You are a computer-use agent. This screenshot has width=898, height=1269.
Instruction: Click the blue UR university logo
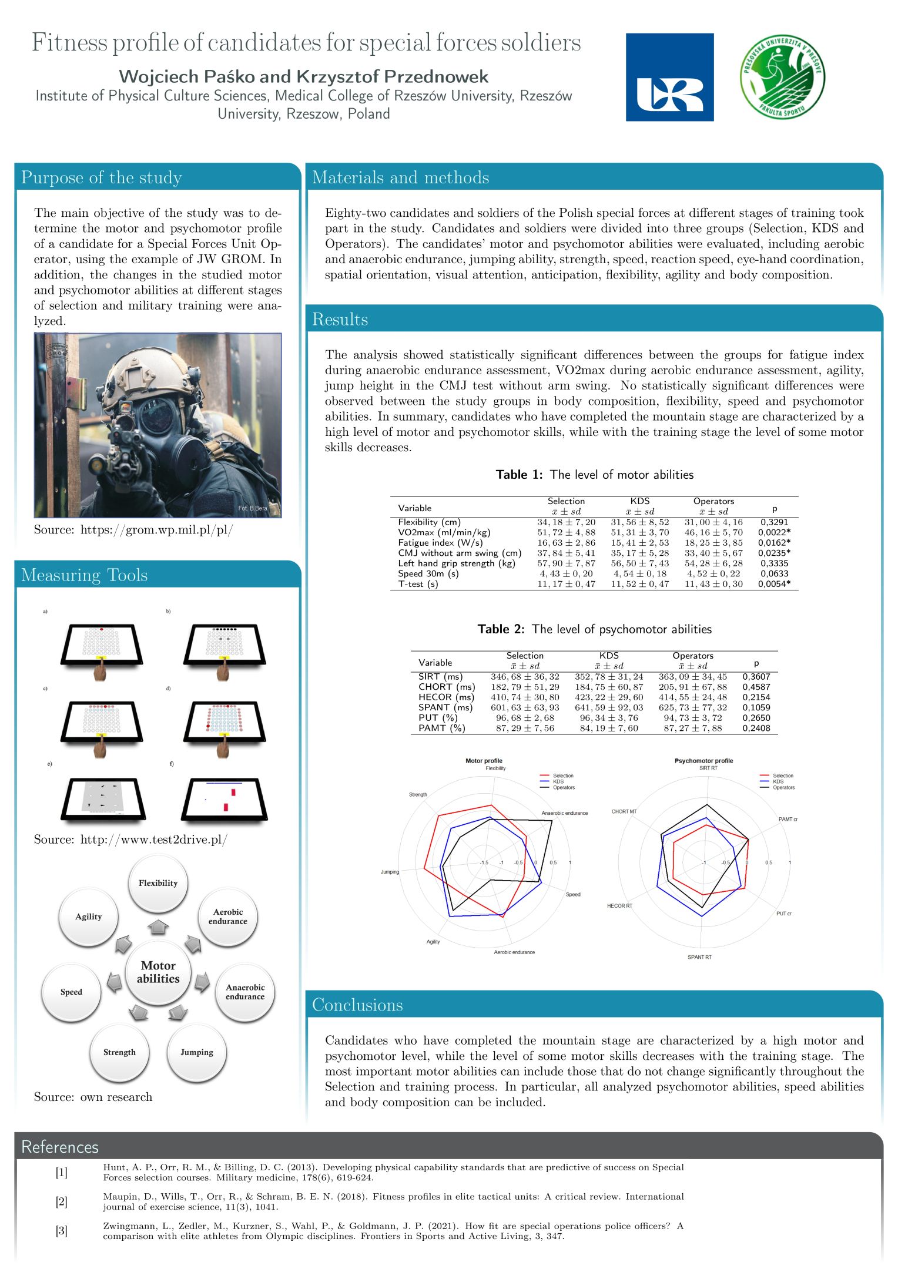point(669,77)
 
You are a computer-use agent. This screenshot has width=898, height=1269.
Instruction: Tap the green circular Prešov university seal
point(782,77)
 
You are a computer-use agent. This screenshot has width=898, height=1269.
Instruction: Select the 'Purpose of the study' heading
point(102,177)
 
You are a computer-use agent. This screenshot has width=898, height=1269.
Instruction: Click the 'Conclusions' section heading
point(357,1005)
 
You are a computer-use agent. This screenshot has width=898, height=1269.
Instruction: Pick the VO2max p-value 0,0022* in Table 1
point(774,532)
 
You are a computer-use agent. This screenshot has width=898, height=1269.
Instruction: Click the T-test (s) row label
point(418,584)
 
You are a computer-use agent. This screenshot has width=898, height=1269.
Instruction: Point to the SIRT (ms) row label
point(440,676)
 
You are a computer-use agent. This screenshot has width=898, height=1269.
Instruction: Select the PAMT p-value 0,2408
point(756,728)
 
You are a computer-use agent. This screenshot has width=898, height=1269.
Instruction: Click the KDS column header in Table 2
point(609,656)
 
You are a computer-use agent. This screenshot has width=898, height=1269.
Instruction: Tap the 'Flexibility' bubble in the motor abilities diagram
point(158,883)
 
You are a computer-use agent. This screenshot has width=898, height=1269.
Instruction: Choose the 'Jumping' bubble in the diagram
point(197,1052)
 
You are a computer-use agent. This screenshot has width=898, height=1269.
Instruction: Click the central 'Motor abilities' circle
point(158,972)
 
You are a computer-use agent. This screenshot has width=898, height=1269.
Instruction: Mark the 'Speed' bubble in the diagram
point(71,992)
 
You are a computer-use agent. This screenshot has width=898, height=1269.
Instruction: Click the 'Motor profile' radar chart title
point(484,761)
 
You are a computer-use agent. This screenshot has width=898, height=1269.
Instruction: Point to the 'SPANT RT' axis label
point(699,957)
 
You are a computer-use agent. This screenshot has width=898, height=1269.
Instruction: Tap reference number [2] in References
point(62,1201)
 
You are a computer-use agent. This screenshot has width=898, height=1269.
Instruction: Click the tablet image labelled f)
point(224,799)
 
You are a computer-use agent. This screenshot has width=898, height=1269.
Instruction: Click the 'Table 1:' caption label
point(519,475)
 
